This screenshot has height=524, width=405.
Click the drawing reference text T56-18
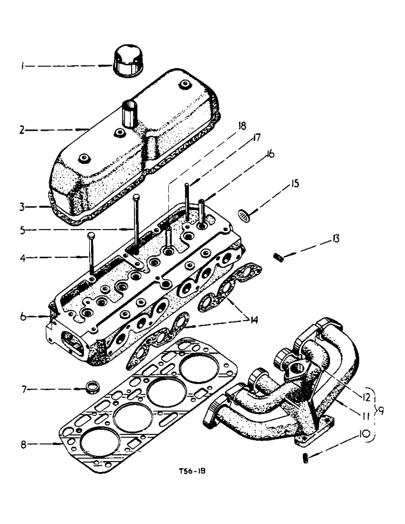189,471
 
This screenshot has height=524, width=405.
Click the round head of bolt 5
136,198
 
